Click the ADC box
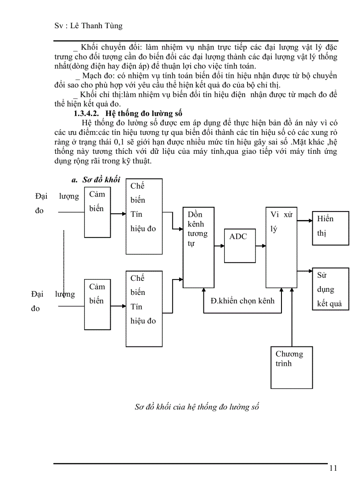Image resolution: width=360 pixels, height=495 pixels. pyautogui.click(x=239, y=246)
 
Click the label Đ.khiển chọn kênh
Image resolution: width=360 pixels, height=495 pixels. pyautogui.click(x=242, y=301)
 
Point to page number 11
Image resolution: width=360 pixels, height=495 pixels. pyautogui.click(x=333, y=468)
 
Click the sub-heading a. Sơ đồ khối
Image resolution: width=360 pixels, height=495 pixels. pyautogui.click(x=96, y=180)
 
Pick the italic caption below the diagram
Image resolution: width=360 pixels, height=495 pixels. pyautogui.click(x=196, y=407)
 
